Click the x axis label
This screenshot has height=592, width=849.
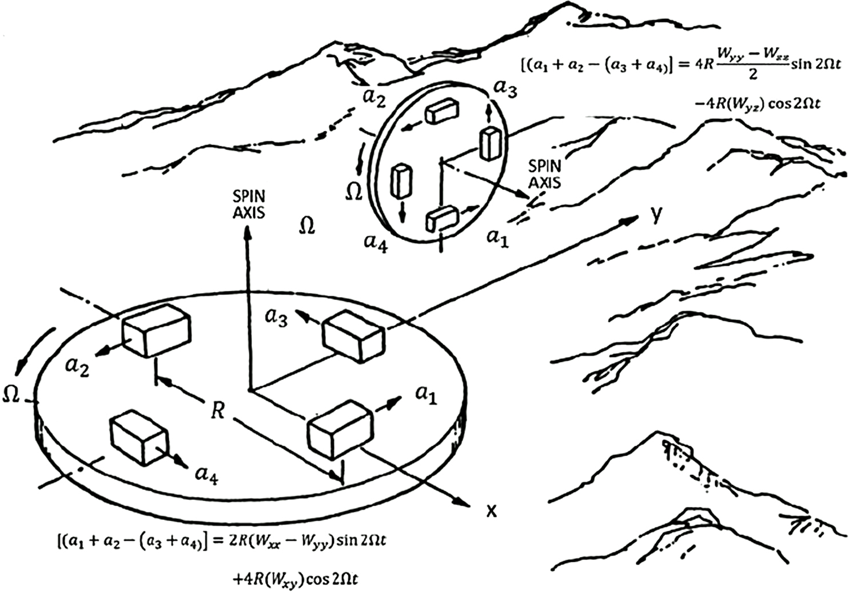click(491, 510)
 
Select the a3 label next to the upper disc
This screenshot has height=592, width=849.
click(505, 89)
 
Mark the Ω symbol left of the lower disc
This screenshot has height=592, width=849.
click(11, 394)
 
